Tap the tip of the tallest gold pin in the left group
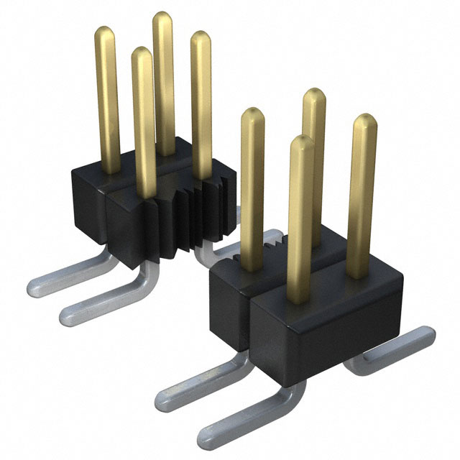pyautogui.click(x=163, y=17)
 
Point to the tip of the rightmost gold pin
pyautogui.click(x=366, y=119)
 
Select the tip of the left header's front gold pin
pyautogui.click(x=142, y=53)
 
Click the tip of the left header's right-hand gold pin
pyautogui.click(x=201, y=38)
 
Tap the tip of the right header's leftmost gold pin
pyautogui.click(x=249, y=114)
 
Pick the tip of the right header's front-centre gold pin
pyautogui.click(x=301, y=142)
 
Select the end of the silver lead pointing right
pyautogui.click(x=427, y=335)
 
